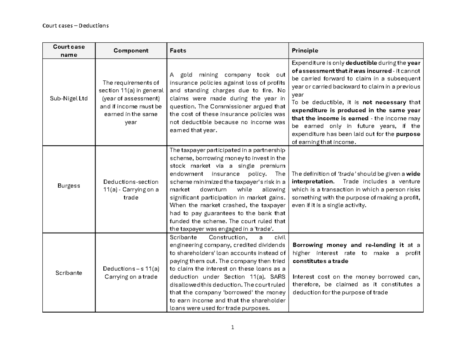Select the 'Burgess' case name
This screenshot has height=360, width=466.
(x=69, y=186)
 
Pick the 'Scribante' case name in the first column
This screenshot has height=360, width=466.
(x=69, y=273)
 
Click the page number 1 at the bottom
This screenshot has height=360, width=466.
(x=232, y=328)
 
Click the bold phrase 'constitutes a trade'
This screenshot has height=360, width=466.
(x=320, y=261)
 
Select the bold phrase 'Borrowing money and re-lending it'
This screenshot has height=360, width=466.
(x=347, y=245)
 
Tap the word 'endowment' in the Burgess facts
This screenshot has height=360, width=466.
(x=186, y=174)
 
